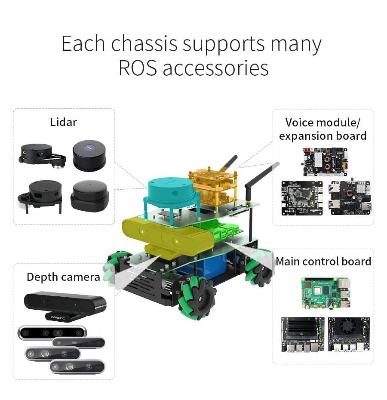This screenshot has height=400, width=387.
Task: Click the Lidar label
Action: [x=63, y=122]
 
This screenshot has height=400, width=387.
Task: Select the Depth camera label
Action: [x=63, y=277]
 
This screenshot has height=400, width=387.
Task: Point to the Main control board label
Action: [x=323, y=261]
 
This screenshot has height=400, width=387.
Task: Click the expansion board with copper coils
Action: [x=323, y=162]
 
